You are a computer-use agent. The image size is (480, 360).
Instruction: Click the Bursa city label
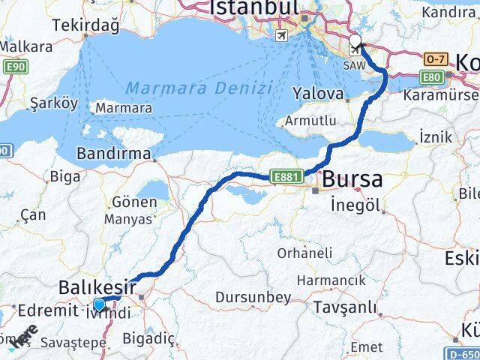click(352, 180)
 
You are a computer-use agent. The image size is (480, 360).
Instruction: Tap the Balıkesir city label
click(97, 287)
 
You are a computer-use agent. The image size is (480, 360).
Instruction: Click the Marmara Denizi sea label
click(199, 88)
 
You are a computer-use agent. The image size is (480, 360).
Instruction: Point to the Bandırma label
click(112, 154)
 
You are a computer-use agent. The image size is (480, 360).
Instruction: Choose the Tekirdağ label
click(85, 25)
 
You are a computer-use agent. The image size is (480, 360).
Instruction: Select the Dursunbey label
click(253, 298)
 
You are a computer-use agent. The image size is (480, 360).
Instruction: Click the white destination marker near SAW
click(355, 43)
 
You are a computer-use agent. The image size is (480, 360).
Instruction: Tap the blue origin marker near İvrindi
click(99, 304)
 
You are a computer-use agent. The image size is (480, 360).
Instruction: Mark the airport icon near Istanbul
click(281, 36)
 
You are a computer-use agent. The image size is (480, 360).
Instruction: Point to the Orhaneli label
click(304, 253)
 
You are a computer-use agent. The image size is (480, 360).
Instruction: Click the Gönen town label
click(133, 202)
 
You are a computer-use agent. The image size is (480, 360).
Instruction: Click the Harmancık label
click(331, 280)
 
